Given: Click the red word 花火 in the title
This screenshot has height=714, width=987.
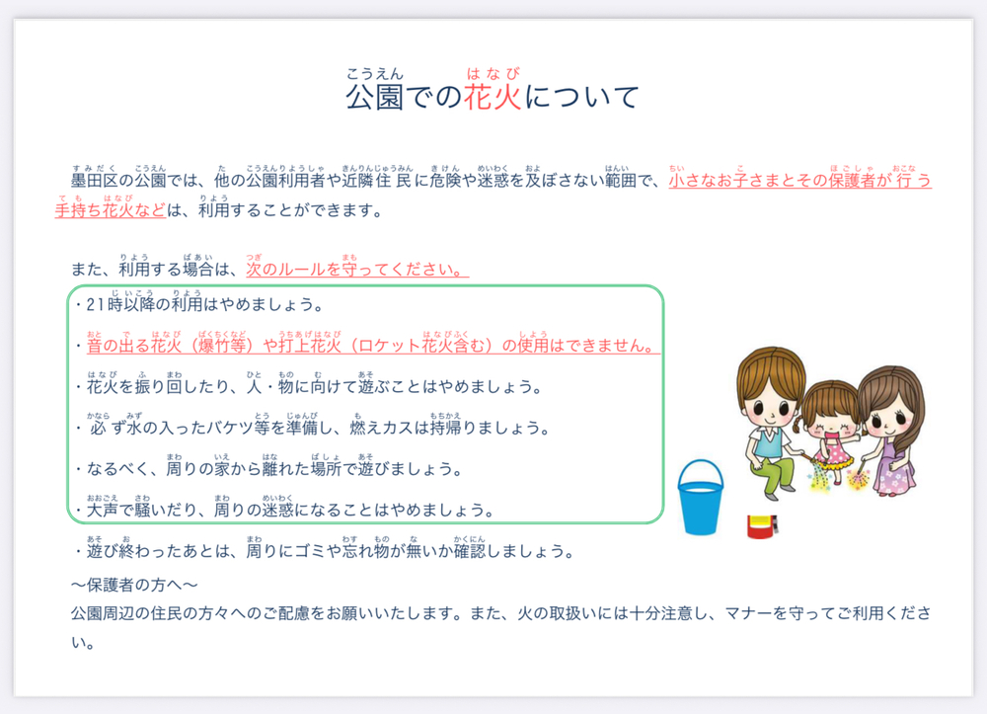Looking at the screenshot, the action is click(x=493, y=97).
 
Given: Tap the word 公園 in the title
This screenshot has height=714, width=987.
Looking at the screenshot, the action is click(x=374, y=97).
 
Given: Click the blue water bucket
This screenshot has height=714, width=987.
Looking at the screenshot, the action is click(x=700, y=498).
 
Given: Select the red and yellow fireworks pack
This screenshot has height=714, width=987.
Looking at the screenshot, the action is click(x=762, y=527).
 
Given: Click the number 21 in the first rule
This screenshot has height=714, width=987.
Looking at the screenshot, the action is click(x=96, y=305).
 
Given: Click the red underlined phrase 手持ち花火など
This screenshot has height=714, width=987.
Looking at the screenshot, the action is click(x=111, y=210).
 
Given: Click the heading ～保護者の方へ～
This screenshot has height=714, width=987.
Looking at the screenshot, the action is click(x=134, y=585).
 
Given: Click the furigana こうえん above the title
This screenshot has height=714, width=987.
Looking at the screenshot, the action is click(x=374, y=74).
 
